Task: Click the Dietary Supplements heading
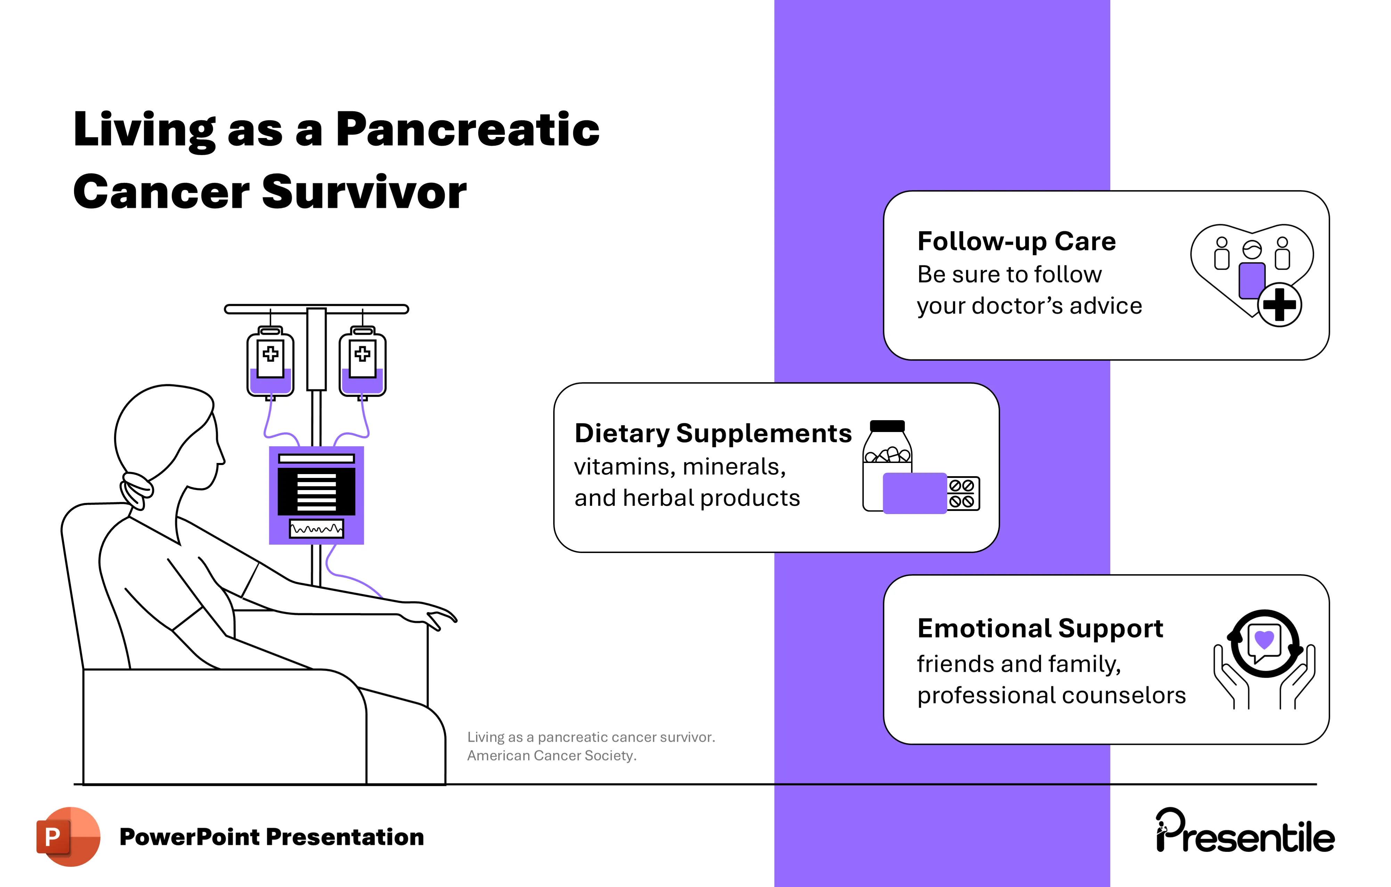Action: pyautogui.click(x=713, y=433)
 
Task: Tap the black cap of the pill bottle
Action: pyautogui.click(x=887, y=426)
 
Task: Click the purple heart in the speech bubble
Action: pyautogui.click(x=1265, y=639)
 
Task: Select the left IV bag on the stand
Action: pyautogui.click(x=270, y=362)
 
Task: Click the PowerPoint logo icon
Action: pyautogui.click(x=67, y=836)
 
